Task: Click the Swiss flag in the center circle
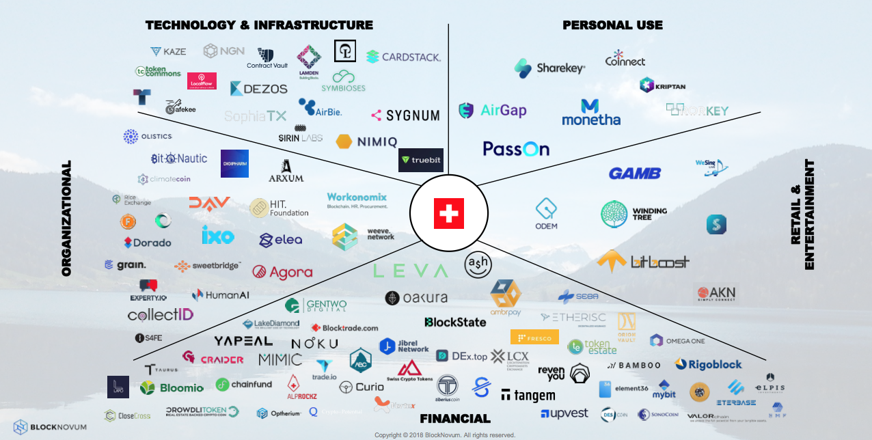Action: [x=448, y=214]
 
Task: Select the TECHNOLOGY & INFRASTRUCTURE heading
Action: [x=259, y=25]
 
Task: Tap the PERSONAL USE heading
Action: [x=612, y=25]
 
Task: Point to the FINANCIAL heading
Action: [x=454, y=419]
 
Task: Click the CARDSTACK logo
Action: [x=403, y=57]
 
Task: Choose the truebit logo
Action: [x=421, y=160]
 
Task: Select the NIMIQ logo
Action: [x=367, y=141]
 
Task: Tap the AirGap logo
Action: [x=492, y=110]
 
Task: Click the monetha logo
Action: [x=590, y=113]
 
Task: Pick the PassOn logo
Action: [x=516, y=148]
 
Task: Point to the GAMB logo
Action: [x=634, y=174]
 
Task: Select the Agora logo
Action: [x=282, y=272]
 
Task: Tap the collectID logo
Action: [x=161, y=315]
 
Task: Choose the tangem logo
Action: [x=528, y=395]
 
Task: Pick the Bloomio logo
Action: [x=172, y=388]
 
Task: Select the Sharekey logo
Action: [x=550, y=68]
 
